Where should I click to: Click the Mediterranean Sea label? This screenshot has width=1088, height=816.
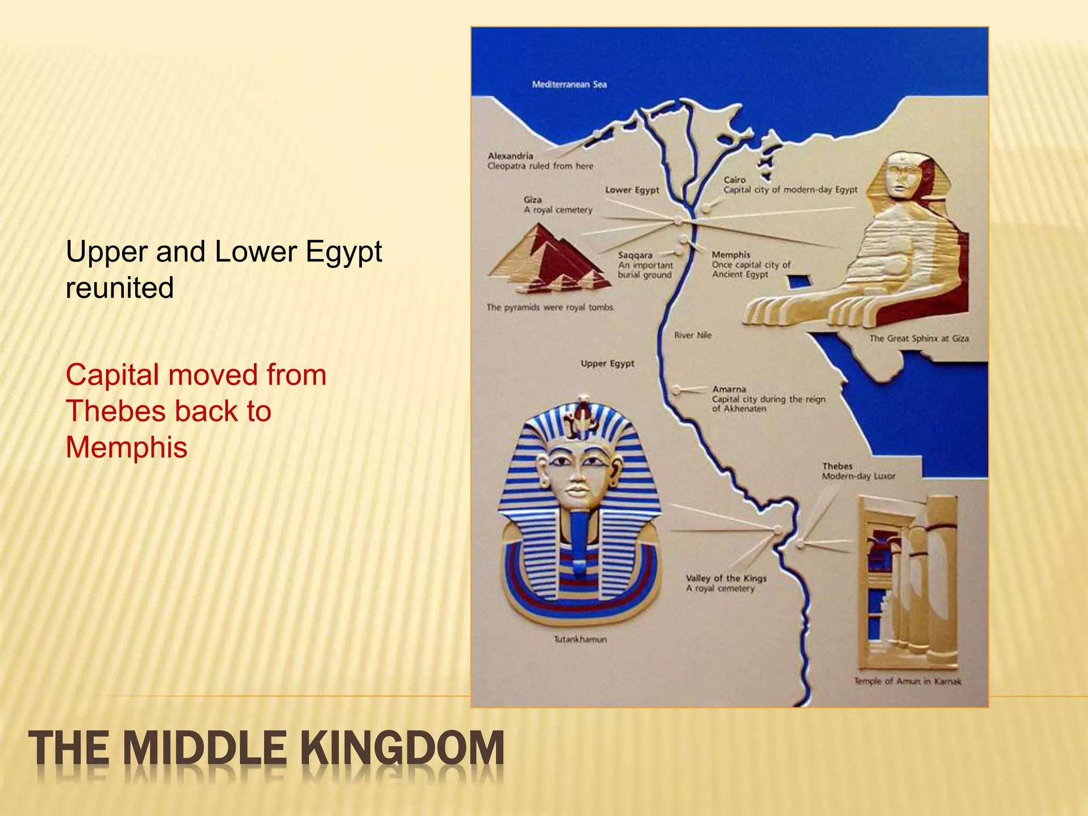click(x=569, y=84)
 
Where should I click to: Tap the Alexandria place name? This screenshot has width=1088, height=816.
click(x=510, y=156)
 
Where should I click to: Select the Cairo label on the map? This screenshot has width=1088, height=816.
click(x=735, y=180)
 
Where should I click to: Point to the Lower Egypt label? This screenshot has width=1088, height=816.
click(x=632, y=190)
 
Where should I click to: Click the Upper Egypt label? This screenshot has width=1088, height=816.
click(x=607, y=363)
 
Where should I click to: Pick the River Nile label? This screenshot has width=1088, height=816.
click(x=692, y=335)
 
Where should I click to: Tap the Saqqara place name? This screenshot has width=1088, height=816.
click(x=635, y=255)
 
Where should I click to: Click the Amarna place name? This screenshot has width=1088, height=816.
click(x=729, y=389)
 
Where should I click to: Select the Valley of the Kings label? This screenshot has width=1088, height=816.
click(x=726, y=578)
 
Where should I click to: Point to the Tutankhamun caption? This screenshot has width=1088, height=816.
click(x=580, y=639)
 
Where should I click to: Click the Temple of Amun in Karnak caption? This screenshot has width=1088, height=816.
click(x=907, y=681)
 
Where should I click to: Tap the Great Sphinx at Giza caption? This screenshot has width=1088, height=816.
click(x=919, y=338)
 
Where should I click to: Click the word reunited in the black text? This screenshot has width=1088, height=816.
click(x=120, y=287)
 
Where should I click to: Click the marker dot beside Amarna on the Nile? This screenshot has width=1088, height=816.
click(x=676, y=390)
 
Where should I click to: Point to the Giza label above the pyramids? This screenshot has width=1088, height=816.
click(x=532, y=200)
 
